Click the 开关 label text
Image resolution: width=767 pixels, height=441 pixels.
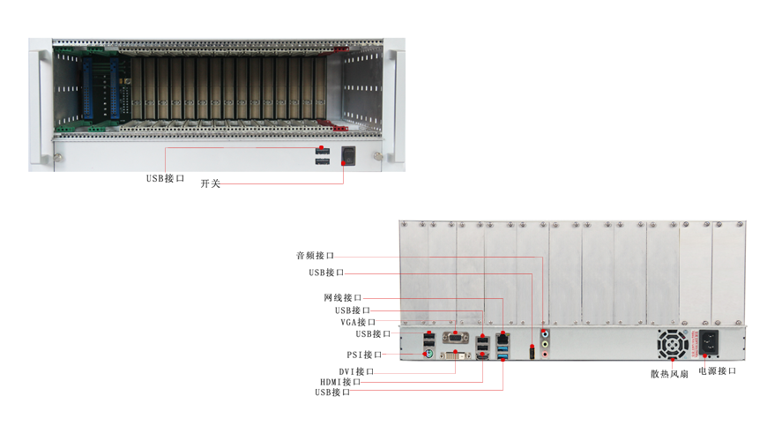click(x=211, y=183)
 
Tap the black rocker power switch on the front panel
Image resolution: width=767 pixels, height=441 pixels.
click(x=347, y=155)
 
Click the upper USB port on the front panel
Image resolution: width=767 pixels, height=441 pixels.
click(x=323, y=151)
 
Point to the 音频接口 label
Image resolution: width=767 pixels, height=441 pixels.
click(x=315, y=256)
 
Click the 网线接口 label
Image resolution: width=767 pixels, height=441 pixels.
click(x=342, y=297)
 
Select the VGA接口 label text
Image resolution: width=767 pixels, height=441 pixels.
click(x=358, y=322)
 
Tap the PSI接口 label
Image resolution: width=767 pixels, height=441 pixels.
click(x=364, y=355)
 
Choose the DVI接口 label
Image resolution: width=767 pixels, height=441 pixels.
click(x=356, y=371)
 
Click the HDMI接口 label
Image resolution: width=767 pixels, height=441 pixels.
click(x=340, y=382)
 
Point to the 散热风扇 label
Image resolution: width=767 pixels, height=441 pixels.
click(x=669, y=374)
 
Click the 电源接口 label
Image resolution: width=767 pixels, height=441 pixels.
click(x=717, y=371)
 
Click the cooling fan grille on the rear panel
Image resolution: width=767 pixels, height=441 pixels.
click(x=673, y=344)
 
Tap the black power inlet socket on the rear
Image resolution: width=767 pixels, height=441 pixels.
click(x=709, y=342)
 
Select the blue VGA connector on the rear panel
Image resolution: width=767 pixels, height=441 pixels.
click(x=456, y=337)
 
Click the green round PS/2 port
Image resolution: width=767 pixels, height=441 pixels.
click(x=428, y=355)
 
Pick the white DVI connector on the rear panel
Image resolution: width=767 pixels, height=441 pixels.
click(x=456, y=355)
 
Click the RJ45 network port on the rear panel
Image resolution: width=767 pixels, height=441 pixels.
click(x=503, y=338)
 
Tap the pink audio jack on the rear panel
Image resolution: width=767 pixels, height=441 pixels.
click(x=545, y=354)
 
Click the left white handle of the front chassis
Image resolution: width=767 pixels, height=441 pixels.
click(x=38, y=104)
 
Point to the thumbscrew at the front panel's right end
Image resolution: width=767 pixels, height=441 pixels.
click(x=377, y=157)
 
